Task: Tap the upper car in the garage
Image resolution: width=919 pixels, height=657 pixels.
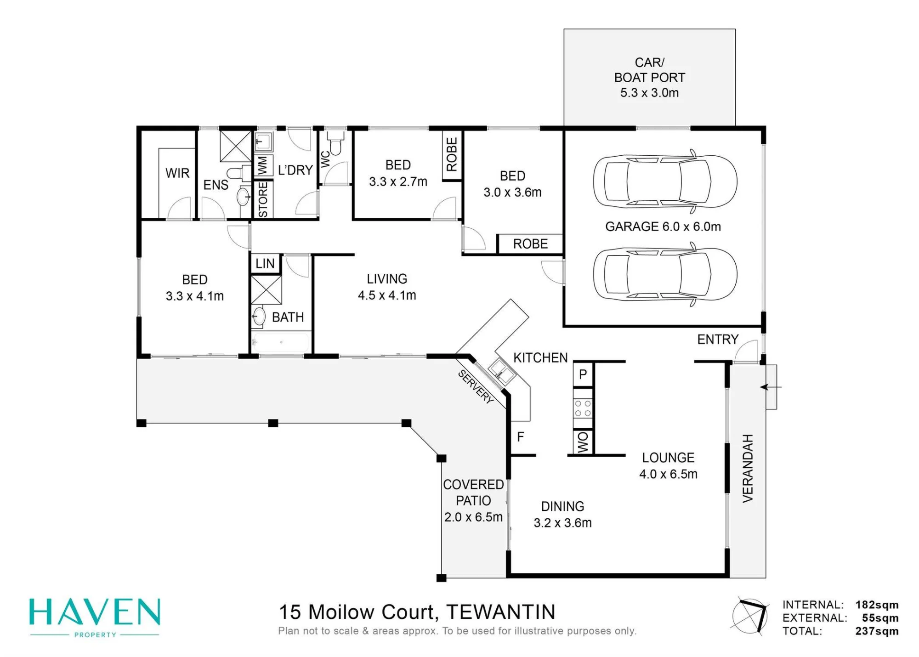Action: pyautogui.click(x=665, y=181)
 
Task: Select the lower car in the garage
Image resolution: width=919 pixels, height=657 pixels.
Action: pyautogui.click(x=665, y=275)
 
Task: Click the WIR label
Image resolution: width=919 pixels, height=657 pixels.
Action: pyautogui.click(x=177, y=173)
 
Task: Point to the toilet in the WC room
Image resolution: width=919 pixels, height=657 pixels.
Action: pyautogui.click(x=336, y=143)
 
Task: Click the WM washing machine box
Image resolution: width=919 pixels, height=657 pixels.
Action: pyautogui.click(x=263, y=165)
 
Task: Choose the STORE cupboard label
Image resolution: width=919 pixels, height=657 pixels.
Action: pyautogui.click(x=263, y=199)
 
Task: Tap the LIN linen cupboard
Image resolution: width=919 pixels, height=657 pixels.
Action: pyautogui.click(x=265, y=263)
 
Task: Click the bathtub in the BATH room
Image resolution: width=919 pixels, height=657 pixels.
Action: pyautogui.click(x=280, y=343)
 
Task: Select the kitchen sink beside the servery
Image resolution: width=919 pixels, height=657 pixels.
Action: pyautogui.click(x=501, y=371)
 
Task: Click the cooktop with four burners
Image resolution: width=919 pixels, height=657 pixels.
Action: pyautogui.click(x=583, y=408)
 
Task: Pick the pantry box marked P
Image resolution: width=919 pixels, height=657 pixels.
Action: pyautogui.click(x=583, y=374)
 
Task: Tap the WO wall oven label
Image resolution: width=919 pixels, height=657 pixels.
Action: pyautogui.click(x=582, y=442)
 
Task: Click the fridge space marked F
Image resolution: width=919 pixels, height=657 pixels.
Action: pyautogui.click(x=520, y=436)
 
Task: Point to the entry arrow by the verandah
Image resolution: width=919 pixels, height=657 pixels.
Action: pyautogui.click(x=771, y=387)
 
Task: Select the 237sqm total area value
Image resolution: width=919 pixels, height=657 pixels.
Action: pyautogui.click(x=877, y=631)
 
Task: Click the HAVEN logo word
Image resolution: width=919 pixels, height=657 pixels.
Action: pyautogui.click(x=95, y=612)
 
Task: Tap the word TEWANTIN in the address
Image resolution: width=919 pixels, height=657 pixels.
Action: pyautogui.click(x=501, y=612)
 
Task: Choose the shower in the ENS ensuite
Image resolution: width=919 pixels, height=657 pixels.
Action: pyautogui.click(x=236, y=146)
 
